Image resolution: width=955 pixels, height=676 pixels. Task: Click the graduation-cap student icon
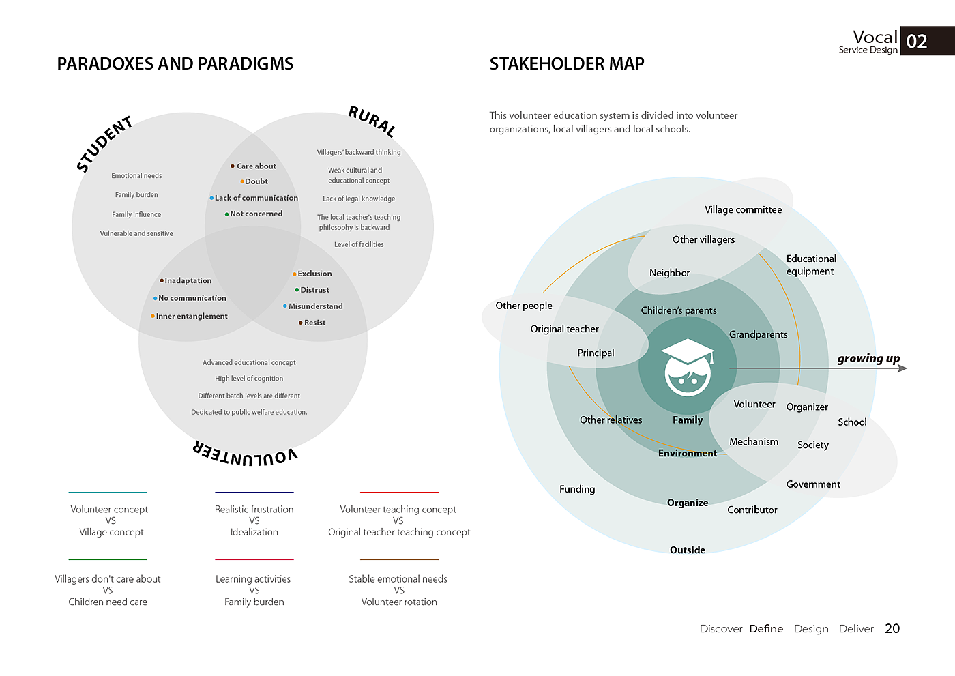[688, 367]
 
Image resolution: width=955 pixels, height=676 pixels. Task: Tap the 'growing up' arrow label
[868, 358]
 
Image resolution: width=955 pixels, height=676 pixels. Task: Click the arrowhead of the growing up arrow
[903, 368]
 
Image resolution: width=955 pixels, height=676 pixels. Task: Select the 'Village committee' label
[743, 209]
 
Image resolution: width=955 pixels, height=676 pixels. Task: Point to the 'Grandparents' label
[758, 334]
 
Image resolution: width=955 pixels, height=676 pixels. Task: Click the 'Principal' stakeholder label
[596, 353]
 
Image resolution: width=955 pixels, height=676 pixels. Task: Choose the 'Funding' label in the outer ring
[577, 489]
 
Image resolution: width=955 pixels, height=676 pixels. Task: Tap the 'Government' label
[813, 484]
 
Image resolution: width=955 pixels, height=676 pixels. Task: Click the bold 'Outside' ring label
[688, 550]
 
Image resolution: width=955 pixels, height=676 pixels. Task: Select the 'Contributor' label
[752, 510]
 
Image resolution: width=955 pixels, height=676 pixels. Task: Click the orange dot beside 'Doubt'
[242, 181]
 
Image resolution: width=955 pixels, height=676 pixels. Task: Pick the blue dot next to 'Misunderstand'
[285, 306]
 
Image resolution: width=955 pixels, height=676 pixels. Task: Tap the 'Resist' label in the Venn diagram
[314, 323]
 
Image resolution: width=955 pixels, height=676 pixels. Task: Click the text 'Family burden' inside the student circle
[136, 195]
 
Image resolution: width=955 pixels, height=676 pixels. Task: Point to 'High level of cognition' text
[249, 379]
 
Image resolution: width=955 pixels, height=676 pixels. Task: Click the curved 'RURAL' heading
[372, 121]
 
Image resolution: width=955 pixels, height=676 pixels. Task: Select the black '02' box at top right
[926, 41]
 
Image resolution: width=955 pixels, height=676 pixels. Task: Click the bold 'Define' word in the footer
[766, 629]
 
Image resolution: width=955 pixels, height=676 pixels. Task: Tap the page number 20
[892, 629]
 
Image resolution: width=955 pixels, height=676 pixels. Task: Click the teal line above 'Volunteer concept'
[108, 492]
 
